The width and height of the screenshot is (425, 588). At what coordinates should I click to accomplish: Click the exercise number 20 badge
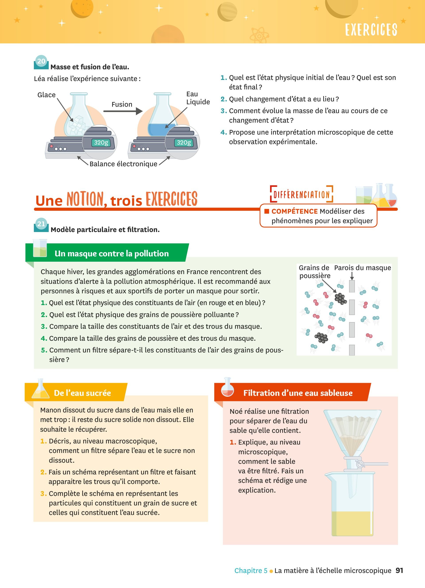coord(41,62)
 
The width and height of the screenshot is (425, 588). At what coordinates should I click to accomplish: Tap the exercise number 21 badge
coord(41,224)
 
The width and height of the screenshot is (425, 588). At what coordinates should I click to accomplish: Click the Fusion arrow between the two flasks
coord(123,111)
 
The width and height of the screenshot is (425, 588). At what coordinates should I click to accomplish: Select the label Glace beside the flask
coord(46,95)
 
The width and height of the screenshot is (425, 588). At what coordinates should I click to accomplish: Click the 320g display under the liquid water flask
coord(184,143)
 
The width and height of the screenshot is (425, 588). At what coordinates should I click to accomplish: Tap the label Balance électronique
coord(123,164)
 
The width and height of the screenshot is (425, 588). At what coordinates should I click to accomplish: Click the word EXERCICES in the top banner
coord(371,30)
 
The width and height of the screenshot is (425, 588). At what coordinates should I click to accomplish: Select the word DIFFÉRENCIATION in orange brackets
coord(301,194)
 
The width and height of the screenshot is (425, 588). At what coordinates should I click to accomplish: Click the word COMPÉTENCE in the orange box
coord(294,211)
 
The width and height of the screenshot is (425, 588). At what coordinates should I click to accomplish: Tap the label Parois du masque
coord(362,268)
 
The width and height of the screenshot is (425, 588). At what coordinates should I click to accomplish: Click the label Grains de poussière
coord(314,271)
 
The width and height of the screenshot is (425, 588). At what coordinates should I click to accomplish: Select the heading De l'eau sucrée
coord(82,393)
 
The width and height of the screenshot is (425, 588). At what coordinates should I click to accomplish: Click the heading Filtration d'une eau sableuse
coord(298,393)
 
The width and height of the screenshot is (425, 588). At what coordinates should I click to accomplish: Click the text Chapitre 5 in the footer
coord(251,571)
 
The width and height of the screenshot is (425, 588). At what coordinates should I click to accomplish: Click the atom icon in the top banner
coord(259,35)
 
